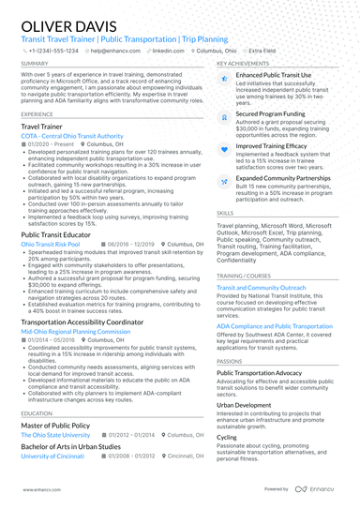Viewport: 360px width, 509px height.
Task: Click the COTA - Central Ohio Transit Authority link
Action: pos(71,135)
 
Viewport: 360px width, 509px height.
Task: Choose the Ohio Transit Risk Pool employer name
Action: pos(51,243)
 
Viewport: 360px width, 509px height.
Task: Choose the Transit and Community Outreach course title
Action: pos(269,287)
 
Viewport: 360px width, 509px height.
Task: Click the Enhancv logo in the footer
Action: pos(319,489)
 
